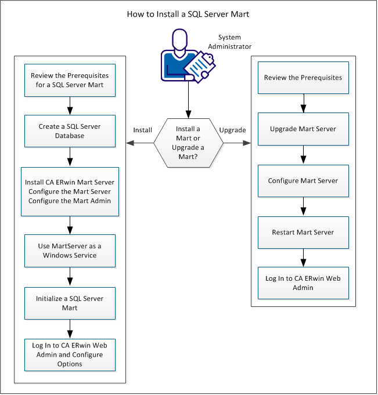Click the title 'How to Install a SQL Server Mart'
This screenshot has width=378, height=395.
pyautogui.click(x=189, y=13)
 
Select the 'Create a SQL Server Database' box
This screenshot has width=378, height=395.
pyautogui.click(x=70, y=131)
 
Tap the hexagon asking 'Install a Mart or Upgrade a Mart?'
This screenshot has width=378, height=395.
pyautogui.click(x=188, y=143)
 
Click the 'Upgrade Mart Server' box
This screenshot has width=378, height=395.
pyautogui.click(x=303, y=129)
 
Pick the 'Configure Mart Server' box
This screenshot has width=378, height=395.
pyautogui.click(x=303, y=180)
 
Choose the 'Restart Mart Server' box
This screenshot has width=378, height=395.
pyautogui.click(x=303, y=232)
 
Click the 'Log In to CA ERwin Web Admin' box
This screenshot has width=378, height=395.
pyautogui.click(x=303, y=282)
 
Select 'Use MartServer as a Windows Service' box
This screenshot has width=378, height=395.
pyautogui.click(x=70, y=251)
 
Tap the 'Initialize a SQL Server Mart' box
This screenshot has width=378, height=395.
pyautogui.click(x=70, y=303)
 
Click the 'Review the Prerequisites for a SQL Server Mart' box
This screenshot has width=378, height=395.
pyautogui.click(x=70, y=80)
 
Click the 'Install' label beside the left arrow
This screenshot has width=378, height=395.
pyautogui.click(x=142, y=130)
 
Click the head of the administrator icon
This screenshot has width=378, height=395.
pyautogui.click(x=181, y=39)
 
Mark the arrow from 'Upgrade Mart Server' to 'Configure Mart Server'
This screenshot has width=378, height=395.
pyautogui.click(x=303, y=155)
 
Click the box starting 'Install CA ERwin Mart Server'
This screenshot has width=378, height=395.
pyautogui.click(x=70, y=191)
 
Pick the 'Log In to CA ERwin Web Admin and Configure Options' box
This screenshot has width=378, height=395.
pyautogui.click(x=70, y=354)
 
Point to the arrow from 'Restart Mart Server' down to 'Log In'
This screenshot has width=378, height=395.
pyautogui.click(x=303, y=258)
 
